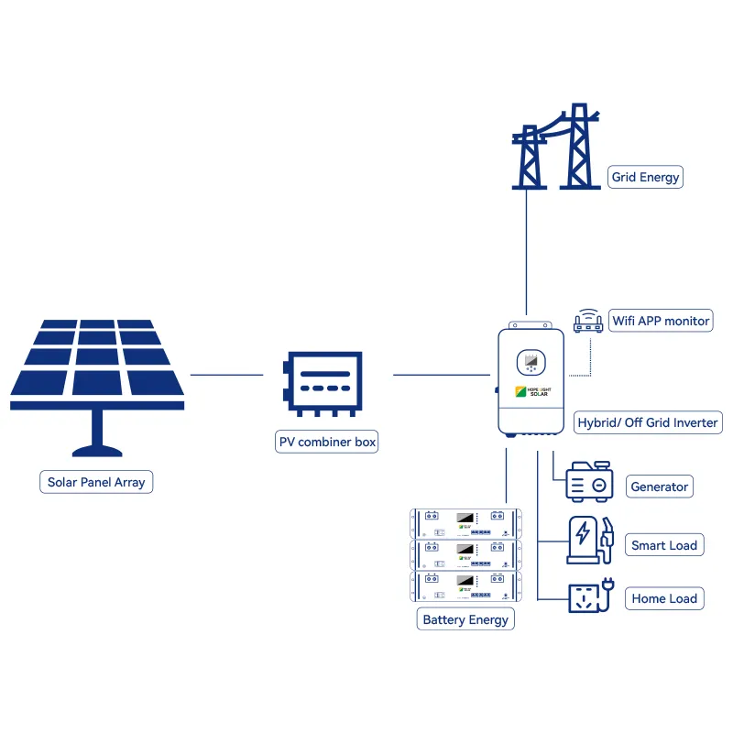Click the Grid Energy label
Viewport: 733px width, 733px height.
pyautogui.click(x=646, y=177)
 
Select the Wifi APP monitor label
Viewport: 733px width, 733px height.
pyautogui.click(x=661, y=321)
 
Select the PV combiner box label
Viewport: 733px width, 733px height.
pyautogui.click(x=327, y=442)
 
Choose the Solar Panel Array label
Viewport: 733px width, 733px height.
pyautogui.click(x=96, y=482)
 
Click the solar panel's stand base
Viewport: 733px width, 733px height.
pyautogui.click(x=96, y=449)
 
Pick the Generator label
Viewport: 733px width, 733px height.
pyautogui.click(x=659, y=487)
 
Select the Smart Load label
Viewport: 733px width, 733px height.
pyautogui.click(x=664, y=545)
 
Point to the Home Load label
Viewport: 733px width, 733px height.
pyautogui.click(x=664, y=599)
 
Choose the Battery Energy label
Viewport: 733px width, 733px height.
pyautogui.click(x=465, y=619)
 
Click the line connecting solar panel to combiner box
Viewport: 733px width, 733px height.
pyautogui.click(x=226, y=375)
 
